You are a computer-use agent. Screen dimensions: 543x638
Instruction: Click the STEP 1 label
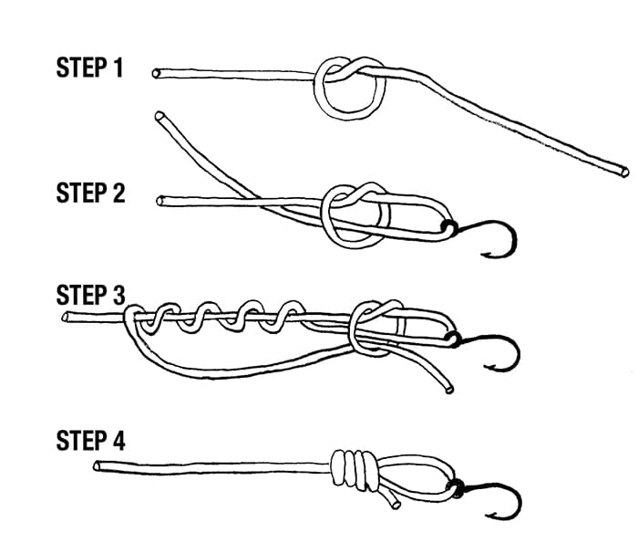click(90, 69)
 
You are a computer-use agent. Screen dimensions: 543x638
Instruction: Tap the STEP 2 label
click(90, 193)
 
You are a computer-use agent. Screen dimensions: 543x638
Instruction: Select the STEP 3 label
click(90, 296)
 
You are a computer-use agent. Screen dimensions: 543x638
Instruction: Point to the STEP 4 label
click(90, 442)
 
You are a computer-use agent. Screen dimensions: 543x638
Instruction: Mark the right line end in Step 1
click(624, 170)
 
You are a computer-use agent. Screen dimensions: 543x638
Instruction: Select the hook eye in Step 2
click(448, 225)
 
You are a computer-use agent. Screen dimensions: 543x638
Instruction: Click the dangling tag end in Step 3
click(448, 389)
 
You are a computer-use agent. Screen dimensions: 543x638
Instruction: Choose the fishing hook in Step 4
click(500, 502)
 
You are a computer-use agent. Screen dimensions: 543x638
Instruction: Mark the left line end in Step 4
click(98, 466)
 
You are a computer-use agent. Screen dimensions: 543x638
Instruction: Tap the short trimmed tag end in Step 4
click(391, 501)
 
